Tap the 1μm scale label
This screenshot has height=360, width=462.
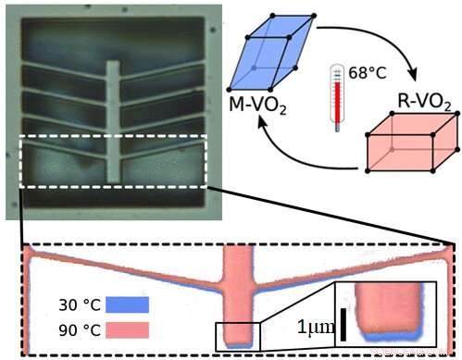[315, 327]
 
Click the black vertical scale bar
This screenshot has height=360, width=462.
[343, 325]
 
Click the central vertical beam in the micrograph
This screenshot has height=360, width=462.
[113, 120]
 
